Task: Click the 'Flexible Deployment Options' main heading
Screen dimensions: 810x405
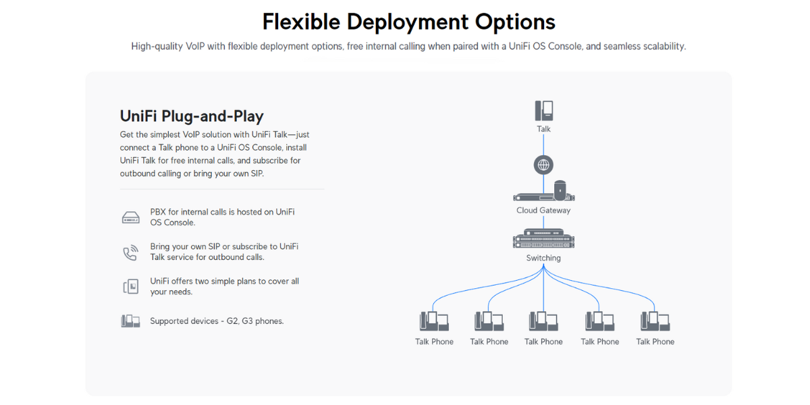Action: pyautogui.click(x=408, y=22)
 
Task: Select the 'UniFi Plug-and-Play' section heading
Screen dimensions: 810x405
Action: pyautogui.click(x=192, y=116)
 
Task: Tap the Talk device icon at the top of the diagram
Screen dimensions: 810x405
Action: pyautogui.click(x=544, y=111)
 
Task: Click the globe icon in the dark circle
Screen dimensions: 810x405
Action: pyautogui.click(x=543, y=165)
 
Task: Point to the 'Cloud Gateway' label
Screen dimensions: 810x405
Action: pyautogui.click(x=543, y=211)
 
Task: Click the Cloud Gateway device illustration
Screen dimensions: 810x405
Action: pyautogui.click(x=544, y=191)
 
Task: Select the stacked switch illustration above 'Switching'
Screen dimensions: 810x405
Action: pyautogui.click(x=543, y=238)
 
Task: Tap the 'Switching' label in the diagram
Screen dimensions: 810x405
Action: pyautogui.click(x=543, y=258)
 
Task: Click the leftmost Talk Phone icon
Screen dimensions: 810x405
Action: pyautogui.click(x=434, y=321)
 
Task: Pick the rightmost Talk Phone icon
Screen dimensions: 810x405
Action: pyautogui.click(x=655, y=321)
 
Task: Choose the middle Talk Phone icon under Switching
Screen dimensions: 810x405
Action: pyautogui.click(x=543, y=321)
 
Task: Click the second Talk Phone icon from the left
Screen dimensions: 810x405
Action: pyautogui.click(x=489, y=321)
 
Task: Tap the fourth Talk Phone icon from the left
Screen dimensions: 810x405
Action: pyautogui.click(x=599, y=321)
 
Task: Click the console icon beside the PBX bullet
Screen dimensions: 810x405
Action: pyautogui.click(x=130, y=217)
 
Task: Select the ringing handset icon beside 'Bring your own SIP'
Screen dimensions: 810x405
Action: pyautogui.click(x=130, y=252)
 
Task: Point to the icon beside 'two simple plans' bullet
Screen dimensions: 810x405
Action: pyautogui.click(x=130, y=287)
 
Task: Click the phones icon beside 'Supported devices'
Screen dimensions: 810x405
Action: pyautogui.click(x=130, y=321)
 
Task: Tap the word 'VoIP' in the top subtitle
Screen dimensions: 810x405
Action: pyautogui.click(x=195, y=47)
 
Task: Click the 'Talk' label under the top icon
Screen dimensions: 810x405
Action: pyautogui.click(x=543, y=129)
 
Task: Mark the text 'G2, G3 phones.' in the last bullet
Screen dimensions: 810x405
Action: pyautogui.click(x=255, y=321)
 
